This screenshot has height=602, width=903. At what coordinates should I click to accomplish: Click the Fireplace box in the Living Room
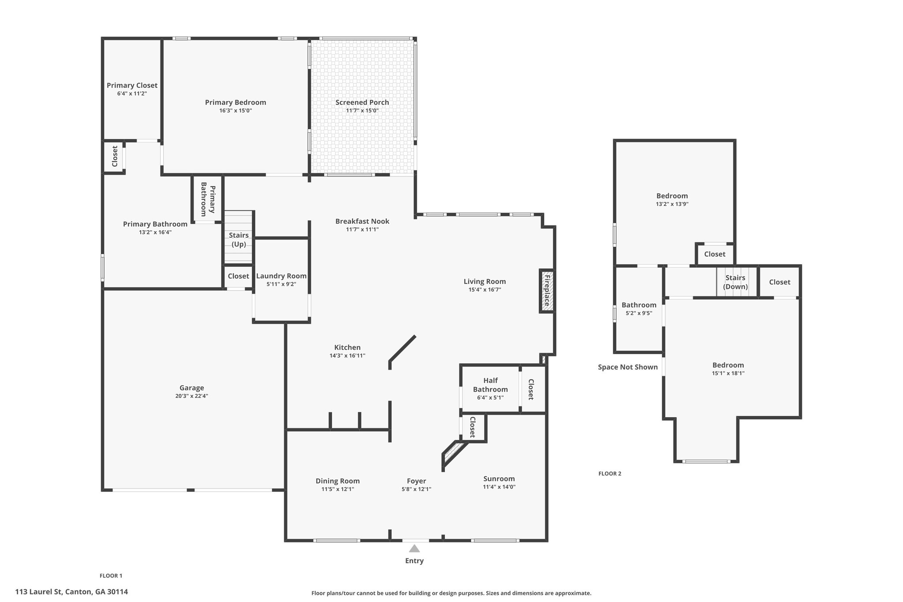pos(547,291)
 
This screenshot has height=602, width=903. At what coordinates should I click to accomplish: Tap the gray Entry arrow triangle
pos(414,548)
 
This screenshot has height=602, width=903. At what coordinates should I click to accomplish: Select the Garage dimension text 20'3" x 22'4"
pos(191,396)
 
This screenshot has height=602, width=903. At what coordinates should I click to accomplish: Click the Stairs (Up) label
pos(239,239)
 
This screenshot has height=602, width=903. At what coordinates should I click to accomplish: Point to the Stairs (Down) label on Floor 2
pos(735,282)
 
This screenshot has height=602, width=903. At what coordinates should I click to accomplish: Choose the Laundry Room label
pos(281,276)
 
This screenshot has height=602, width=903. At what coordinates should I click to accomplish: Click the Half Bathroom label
pos(490,385)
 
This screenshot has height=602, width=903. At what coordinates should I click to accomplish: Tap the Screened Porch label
pos(362,102)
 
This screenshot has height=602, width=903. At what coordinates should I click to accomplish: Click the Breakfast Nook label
pos(362,221)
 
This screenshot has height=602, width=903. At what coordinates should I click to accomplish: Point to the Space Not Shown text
pos(628,367)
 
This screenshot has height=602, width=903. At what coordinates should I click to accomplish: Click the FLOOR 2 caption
pos(610,474)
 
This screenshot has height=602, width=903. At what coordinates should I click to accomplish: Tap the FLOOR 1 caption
pos(111,576)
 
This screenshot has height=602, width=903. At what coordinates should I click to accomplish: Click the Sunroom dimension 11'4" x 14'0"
pos(499,487)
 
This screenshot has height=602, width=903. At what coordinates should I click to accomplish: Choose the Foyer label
pos(416,481)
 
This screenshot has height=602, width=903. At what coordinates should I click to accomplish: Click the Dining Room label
pos(338,481)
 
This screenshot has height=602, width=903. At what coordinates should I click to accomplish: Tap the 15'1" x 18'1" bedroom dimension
pos(728,373)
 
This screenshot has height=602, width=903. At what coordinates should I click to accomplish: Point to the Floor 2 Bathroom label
pos(639,305)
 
